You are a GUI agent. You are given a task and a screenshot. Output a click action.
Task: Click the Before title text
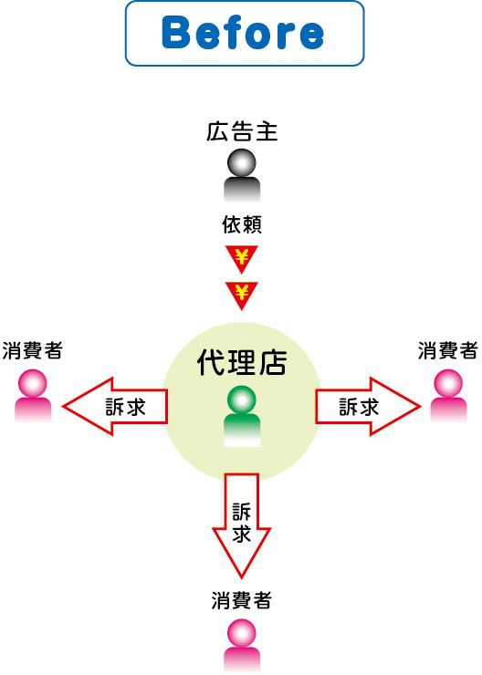click(243, 32)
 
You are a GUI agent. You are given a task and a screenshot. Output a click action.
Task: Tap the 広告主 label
click(242, 131)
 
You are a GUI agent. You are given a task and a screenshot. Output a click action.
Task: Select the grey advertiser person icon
click(242, 176)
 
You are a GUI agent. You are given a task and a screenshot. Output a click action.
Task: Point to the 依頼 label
click(242, 224)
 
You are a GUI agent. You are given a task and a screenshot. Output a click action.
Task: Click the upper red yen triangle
click(242, 259)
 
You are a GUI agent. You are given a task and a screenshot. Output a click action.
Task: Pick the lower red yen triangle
click(242, 296)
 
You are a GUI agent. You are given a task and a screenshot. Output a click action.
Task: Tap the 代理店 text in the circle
click(242, 362)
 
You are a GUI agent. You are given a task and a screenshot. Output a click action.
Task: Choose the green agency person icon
click(242, 416)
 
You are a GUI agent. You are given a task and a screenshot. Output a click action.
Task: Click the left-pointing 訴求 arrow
click(115, 407)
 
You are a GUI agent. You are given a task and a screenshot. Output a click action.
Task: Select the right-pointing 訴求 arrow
click(368, 407)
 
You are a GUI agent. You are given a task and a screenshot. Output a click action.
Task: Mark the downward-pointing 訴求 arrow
click(242, 525)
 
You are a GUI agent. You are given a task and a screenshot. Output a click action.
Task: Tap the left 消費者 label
click(32, 350)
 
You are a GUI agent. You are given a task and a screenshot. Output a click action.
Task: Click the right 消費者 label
click(448, 350)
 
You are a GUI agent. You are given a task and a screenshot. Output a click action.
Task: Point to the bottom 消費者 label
click(242, 600)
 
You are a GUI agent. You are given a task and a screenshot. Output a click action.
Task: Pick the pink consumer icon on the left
click(33, 396)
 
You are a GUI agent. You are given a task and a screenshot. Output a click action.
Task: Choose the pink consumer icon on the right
click(448, 396)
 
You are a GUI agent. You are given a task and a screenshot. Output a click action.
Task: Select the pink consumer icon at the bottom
click(242, 646)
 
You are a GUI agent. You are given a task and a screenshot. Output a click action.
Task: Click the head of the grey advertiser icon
click(242, 162)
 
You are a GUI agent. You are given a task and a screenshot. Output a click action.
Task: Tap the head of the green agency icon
click(242, 400)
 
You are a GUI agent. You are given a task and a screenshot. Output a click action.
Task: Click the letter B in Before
click(176, 33)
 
